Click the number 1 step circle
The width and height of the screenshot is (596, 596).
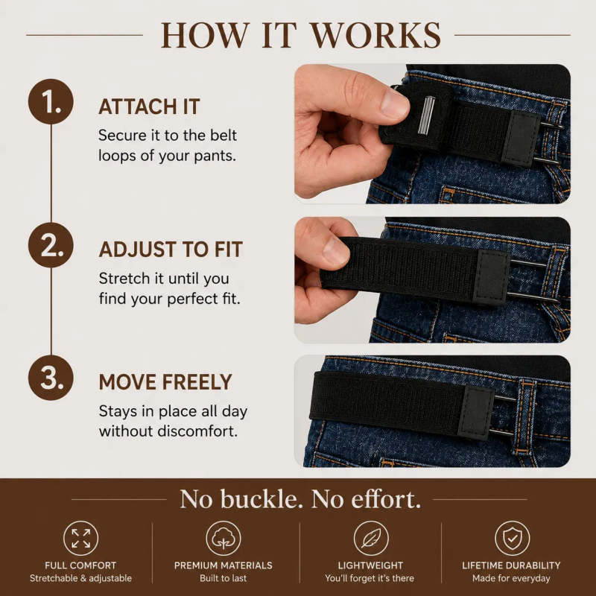(51, 101)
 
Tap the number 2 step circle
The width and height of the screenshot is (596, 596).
(51, 245)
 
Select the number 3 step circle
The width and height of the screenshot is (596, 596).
(51, 378)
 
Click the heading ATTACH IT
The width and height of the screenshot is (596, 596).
(149, 107)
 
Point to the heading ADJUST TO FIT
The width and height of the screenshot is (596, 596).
(171, 250)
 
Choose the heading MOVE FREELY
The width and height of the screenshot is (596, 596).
(165, 382)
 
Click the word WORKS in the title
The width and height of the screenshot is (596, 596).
(376, 35)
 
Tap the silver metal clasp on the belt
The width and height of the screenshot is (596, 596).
(426, 115)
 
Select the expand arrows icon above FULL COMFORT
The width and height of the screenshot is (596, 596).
(81, 538)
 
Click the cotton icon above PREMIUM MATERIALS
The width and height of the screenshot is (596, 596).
(223, 538)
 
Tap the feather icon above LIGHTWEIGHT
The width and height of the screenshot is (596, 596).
(371, 538)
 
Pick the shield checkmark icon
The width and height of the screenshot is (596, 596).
(513, 538)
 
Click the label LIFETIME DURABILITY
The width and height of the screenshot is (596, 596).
(511, 565)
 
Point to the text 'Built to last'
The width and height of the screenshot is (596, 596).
(223, 578)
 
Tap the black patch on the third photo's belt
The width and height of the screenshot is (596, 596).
(477, 413)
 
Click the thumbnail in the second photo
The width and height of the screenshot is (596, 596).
(335, 250)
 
